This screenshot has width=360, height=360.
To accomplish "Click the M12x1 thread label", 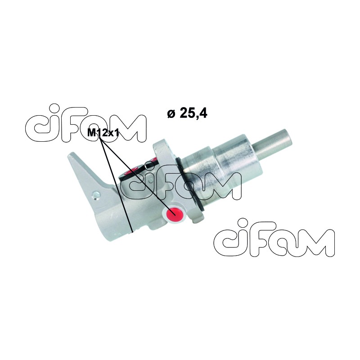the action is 103,132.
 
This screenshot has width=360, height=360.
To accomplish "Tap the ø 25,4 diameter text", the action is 187,113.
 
